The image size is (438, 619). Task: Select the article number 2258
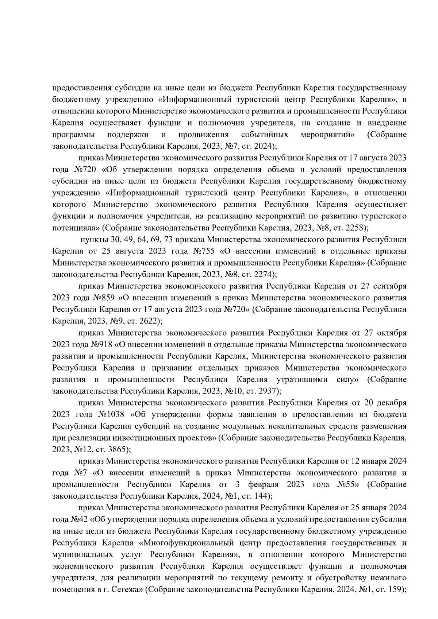[354, 228]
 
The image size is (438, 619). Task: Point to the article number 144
[260, 496]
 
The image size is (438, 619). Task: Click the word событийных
[265, 135]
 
